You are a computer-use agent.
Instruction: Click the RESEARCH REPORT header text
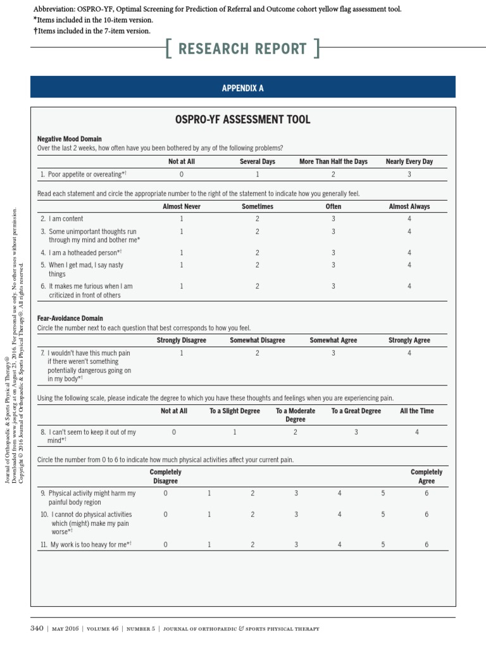pos(242,49)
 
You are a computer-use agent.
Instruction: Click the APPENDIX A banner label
pos(242,88)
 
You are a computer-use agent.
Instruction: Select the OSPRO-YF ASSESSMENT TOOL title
pos(242,120)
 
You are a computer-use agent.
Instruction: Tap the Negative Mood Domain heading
pos(69,139)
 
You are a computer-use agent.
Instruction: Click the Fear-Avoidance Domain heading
pos(70,318)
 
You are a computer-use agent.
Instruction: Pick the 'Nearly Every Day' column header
pos(409,161)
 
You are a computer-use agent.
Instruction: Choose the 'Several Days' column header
pos(257,161)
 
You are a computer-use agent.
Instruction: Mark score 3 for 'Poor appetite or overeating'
pos(409,174)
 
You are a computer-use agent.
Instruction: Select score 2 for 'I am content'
pos(257,219)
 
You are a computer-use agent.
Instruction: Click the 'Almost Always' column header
pos(409,206)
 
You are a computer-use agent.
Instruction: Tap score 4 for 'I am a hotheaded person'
pos(409,252)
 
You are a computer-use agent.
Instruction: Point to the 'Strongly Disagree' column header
pos(181,340)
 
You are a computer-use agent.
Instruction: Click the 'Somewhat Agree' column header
pos(333,340)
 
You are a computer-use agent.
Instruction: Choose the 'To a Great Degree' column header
pos(356,411)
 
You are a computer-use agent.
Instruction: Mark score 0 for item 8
pos(174,432)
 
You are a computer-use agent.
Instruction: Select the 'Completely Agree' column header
pos(426,477)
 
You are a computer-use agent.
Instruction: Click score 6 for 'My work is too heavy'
pos(426,544)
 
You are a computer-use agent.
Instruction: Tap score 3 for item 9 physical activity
pos(296,493)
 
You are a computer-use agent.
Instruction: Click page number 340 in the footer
pos(37,628)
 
